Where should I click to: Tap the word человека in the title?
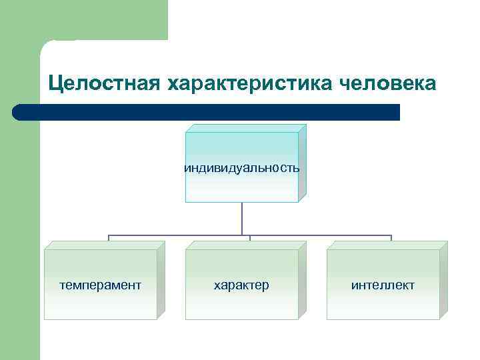(389, 84)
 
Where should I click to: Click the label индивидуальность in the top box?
(241, 168)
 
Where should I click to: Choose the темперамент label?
(100, 285)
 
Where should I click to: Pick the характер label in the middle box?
(241, 285)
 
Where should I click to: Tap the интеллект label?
(383, 285)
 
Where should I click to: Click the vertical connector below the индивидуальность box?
(242, 219)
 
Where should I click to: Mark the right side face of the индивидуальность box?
(302, 163)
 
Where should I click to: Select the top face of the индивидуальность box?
(245, 128)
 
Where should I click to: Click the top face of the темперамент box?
(104, 245)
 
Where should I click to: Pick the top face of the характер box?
(245, 245)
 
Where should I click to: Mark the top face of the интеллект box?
(387, 245)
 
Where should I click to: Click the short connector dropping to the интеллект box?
(391, 238)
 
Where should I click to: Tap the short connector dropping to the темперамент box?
(109, 238)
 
